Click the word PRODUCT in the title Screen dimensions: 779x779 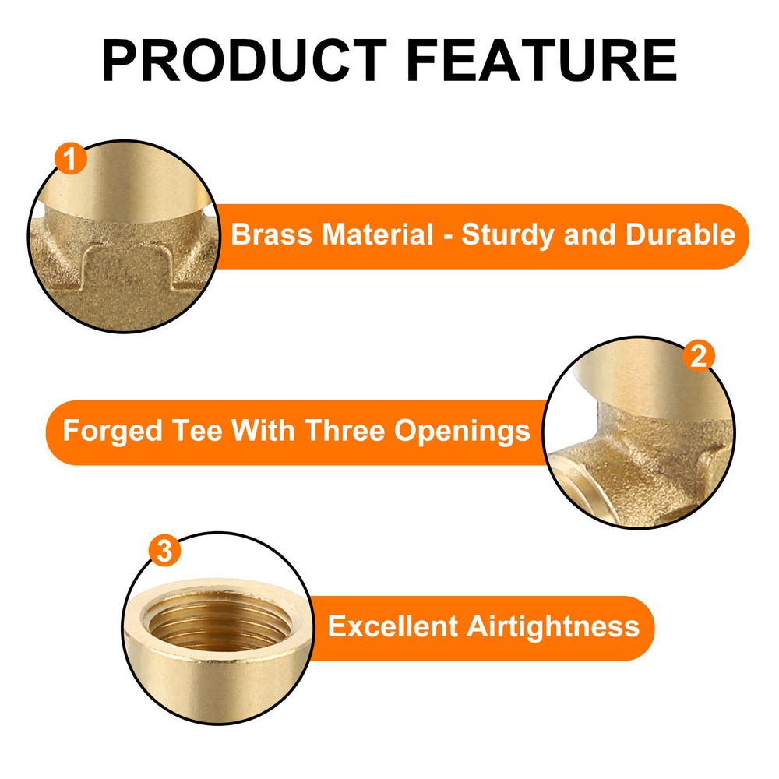(243, 60)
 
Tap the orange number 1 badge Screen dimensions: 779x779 (71, 160)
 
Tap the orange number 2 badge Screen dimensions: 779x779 (699, 356)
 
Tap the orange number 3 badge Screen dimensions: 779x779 (164, 552)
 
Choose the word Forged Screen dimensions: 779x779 (101, 431)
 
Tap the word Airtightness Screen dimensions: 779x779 (552, 626)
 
